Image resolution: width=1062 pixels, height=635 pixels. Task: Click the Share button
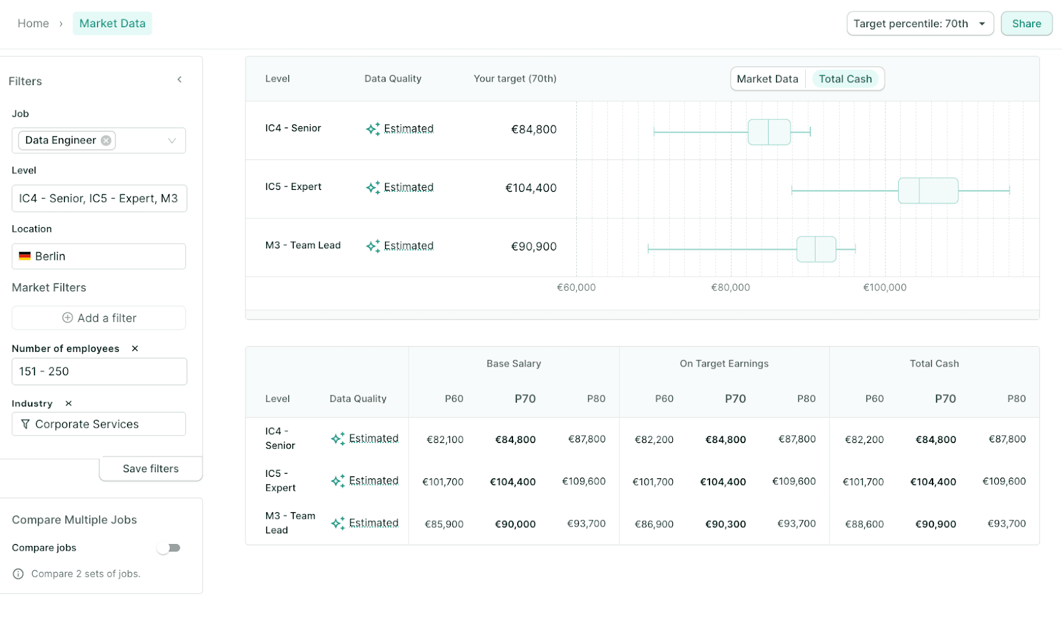point(1026,24)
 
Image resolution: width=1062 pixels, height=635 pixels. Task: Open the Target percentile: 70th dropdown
point(919,24)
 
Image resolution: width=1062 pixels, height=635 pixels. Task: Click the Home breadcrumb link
point(33,24)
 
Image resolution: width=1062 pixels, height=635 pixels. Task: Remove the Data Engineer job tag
point(106,140)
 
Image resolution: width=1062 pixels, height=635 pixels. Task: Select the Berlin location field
point(99,256)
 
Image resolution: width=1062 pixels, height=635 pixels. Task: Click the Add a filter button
point(99,318)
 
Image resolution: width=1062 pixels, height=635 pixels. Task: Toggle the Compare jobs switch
point(169,548)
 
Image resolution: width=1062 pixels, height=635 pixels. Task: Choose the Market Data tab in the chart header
point(767,79)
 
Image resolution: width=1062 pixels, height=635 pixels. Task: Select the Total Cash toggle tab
point(845,79)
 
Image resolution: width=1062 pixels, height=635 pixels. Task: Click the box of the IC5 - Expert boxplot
point(928,191)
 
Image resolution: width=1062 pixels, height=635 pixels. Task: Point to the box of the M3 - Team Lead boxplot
point(816,249)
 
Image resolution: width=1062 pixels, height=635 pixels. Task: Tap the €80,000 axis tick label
point(730,288)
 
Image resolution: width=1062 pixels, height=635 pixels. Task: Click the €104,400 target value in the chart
point(531,188)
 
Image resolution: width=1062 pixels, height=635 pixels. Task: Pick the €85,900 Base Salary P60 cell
point(444,524)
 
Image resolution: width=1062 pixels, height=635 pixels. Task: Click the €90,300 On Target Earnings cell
point(725,524)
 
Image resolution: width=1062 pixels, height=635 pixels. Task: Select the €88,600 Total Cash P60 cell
point(864,524)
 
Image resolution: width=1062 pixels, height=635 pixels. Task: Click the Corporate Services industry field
point(99,424)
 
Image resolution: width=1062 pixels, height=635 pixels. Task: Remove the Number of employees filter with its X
point(135,349)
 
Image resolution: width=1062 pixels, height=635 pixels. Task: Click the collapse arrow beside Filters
point(179,80)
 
